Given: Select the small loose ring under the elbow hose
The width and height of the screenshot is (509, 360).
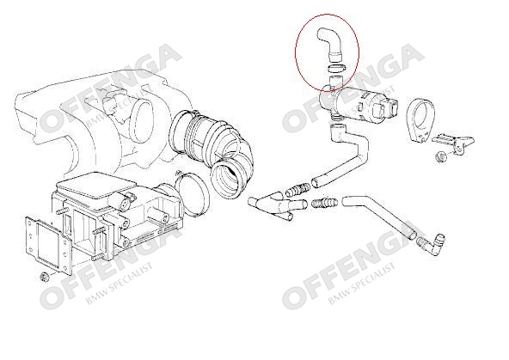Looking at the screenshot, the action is pos(336,68).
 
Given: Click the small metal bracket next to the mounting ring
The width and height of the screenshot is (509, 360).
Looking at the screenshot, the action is pos(454,141).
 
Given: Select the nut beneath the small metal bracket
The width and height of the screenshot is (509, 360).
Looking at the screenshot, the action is pos(440,157).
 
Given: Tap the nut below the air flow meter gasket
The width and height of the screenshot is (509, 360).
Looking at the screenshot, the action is pos(44,278).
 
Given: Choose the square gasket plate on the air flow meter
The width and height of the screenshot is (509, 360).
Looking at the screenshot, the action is pos(49,245).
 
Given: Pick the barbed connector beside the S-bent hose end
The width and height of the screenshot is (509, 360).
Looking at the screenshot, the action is pos(297,189).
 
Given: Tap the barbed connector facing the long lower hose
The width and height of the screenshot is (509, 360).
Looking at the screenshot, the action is pos(325,203).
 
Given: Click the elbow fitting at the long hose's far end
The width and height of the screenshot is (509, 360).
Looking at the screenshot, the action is pos(432,245).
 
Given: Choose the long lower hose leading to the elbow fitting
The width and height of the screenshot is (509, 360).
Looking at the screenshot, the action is pos(379,217).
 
